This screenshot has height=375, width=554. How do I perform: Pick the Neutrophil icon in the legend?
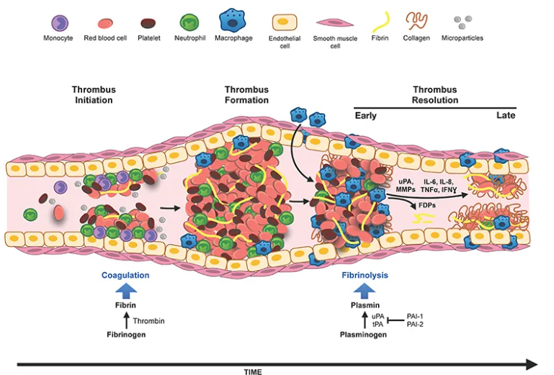click(188, 22)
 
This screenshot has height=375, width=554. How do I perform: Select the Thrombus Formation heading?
click(246, 95)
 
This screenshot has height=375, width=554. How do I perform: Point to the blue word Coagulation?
click(125, 276)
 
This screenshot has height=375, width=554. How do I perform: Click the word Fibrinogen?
click(125, 334)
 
